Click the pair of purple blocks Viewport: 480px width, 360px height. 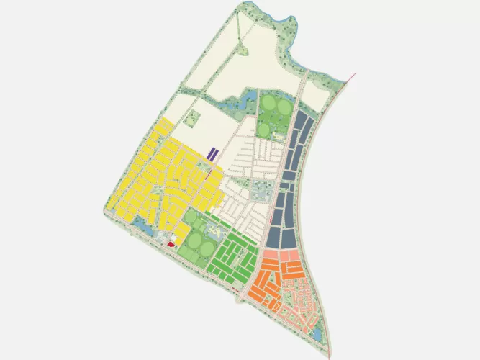point(213,154)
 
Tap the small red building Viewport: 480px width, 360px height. point(171,245)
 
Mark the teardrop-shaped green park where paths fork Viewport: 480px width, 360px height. point(243,51)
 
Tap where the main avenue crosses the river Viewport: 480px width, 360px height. point(308,73)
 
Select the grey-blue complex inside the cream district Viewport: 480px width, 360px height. point(259,193)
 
